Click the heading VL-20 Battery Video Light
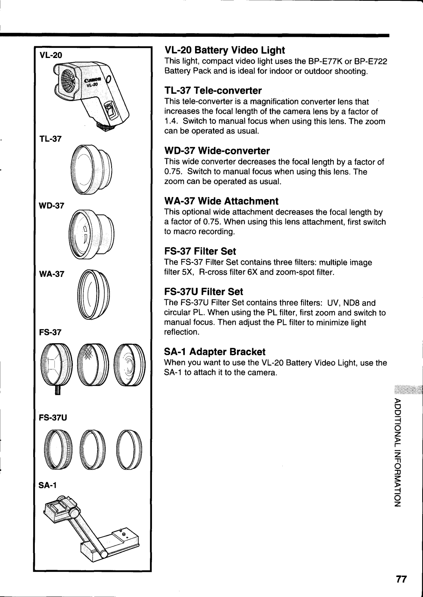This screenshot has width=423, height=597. coord(224,50)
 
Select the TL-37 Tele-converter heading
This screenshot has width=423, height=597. coord(213,90)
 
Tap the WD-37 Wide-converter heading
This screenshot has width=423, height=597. coord(217,151)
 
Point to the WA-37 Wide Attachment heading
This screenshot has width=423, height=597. coord(221,201)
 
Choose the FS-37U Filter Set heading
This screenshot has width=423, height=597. coord(204,291)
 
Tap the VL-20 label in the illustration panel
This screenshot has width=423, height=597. coord(50,55)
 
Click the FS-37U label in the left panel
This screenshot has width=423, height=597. coord(52,418)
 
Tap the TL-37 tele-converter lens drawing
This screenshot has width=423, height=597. coord(92,169)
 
